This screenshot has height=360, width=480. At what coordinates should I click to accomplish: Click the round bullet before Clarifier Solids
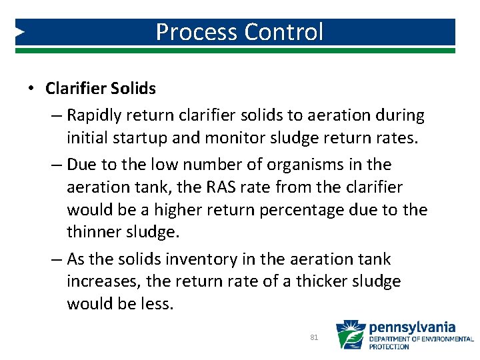pos(31,89)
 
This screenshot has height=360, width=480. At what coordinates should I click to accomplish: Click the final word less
pos(158,304)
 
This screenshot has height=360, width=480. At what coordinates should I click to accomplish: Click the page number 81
pos(314,338)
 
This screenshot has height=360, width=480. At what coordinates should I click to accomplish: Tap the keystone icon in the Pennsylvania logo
pos(349,335)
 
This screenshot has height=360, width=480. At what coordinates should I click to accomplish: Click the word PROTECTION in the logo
pos(389,347)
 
